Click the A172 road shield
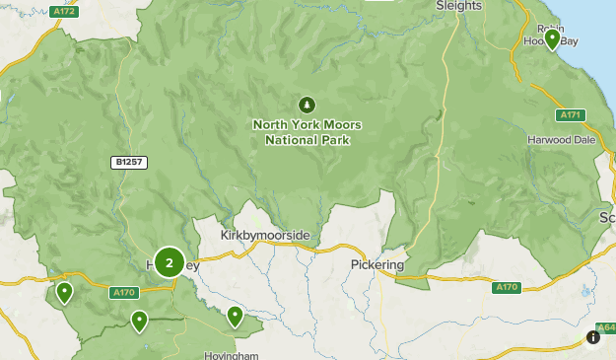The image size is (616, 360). tap(65, 12)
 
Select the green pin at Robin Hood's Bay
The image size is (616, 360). tap(552, 39)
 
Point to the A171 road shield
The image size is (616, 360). tap(570, 115)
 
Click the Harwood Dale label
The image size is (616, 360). tap(563, 139)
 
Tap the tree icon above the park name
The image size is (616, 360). tap(307, 104)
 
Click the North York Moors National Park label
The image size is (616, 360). tap(307, 132)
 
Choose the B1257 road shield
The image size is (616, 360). tap(128, 162)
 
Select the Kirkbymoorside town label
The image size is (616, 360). tap(265, 235)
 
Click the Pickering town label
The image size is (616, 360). tap(377, 265)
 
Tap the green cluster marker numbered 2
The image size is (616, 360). tap(170, 262)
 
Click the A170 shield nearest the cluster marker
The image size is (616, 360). tap(124, 292)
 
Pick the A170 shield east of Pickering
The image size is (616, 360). tap(506, 287)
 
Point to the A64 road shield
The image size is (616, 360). tap(605, 327)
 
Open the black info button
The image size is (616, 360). tap(593, 337)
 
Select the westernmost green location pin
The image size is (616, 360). tap(64, 292)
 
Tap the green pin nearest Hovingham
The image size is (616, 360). tap(235, 316)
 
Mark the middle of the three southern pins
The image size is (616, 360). tap(139, 321)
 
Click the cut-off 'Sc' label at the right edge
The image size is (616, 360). tap(607, 217)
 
